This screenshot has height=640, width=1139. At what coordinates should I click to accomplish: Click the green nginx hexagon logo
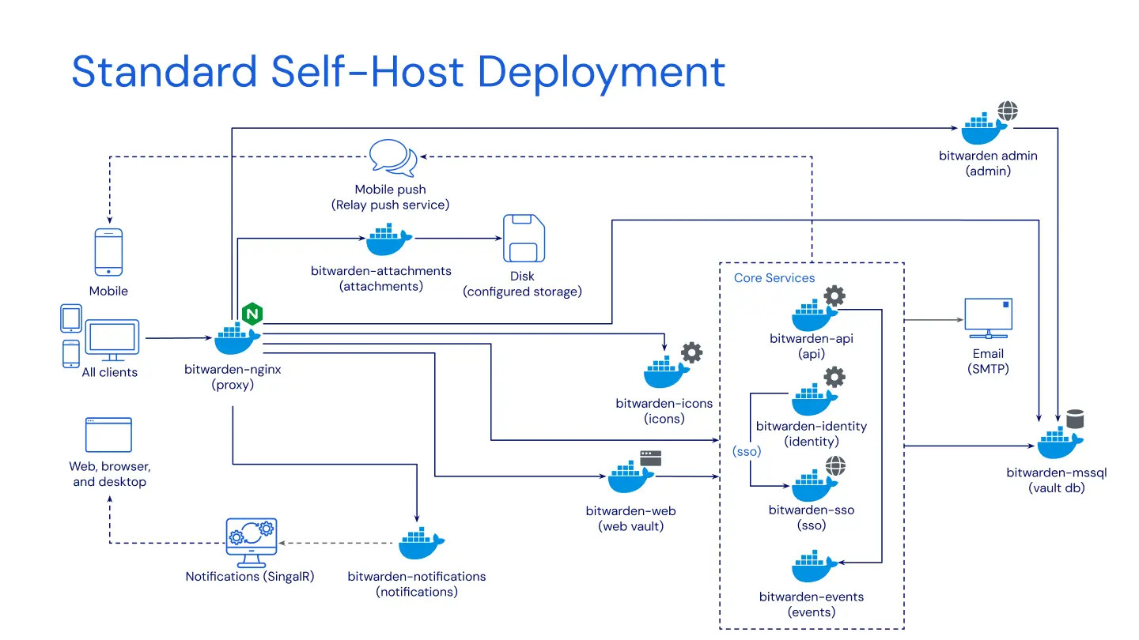pos(252,314)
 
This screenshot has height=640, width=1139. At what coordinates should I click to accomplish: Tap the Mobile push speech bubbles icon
pos(393,157)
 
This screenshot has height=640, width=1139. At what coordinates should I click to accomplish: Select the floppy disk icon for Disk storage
pos(524,238)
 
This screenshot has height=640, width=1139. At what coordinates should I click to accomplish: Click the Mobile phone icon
pos(108,252)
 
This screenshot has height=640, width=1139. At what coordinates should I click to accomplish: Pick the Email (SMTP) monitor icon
pos(988,319)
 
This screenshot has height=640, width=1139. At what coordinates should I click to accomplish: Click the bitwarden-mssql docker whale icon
pos(1058,443)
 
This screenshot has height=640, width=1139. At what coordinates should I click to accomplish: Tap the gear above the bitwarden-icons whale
pos(691,352)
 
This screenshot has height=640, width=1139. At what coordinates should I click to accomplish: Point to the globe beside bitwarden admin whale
pos(1007,111)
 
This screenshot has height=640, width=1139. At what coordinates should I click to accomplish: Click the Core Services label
pos(774,278)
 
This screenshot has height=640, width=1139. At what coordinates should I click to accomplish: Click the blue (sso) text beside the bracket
pos(746,451)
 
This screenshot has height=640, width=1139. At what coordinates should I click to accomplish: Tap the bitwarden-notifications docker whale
pos(420,545)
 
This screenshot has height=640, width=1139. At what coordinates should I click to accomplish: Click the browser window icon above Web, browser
pos(108,435)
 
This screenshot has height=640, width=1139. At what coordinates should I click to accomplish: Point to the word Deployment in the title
pos(601,72)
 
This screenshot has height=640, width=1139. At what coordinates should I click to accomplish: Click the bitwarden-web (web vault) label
pos(630,518)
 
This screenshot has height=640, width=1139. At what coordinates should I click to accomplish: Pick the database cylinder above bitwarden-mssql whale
pos(1074,418)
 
